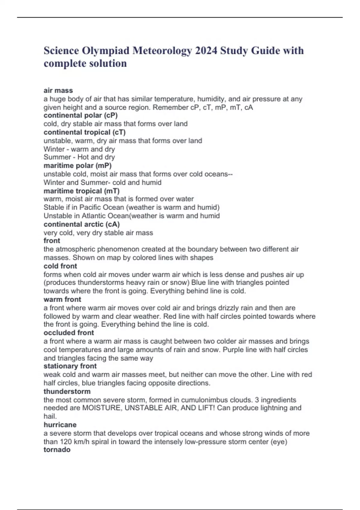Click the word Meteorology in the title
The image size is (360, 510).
click(x=162, y=50)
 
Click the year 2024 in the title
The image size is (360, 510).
click(x=206, y=50)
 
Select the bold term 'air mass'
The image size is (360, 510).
click(x=58, y=90)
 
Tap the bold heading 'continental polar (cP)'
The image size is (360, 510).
click(x=80, y=115)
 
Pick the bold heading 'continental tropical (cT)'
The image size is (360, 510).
click(x=85, y=132)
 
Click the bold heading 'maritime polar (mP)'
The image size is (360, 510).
click(x=77, y=166)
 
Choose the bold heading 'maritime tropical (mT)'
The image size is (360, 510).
click(x=82, y=191)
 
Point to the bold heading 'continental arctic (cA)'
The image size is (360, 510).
click(x=82, y=224)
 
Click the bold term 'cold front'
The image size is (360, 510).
click(x=60, y=266)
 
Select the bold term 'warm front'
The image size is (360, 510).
click(x=62, y=299)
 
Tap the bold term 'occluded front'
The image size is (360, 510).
click(x=69, y=333)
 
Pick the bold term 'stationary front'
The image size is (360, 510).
click(x=70, y=366)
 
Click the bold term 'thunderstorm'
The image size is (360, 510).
click(x=67, y=391)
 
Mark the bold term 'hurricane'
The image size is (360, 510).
click(x=60, y=425)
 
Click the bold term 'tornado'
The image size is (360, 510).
click(x=57, y=450)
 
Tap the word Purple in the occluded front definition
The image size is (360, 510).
click(x=233, y=350)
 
